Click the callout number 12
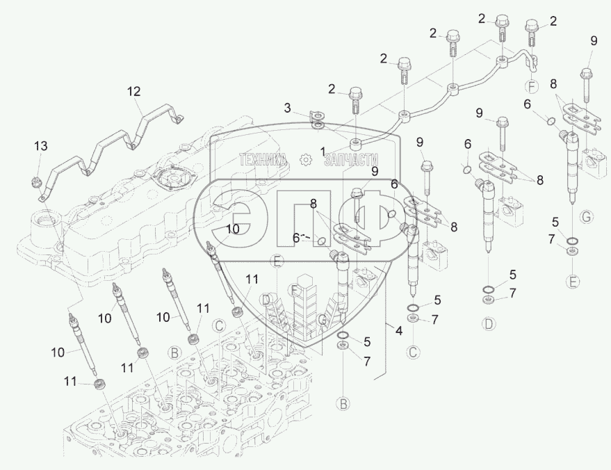(x=133, y=91)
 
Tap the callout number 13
(x=42, y=145)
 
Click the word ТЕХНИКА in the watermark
(x=263, y=160)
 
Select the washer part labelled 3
(x=317, y=124)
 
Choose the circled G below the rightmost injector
(x=586, y=218)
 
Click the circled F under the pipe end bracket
(x=532, y=88)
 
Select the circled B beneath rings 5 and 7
(x=343, y=403)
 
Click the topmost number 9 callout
(x=593, y=41)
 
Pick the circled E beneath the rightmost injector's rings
(x=572, y=282)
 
